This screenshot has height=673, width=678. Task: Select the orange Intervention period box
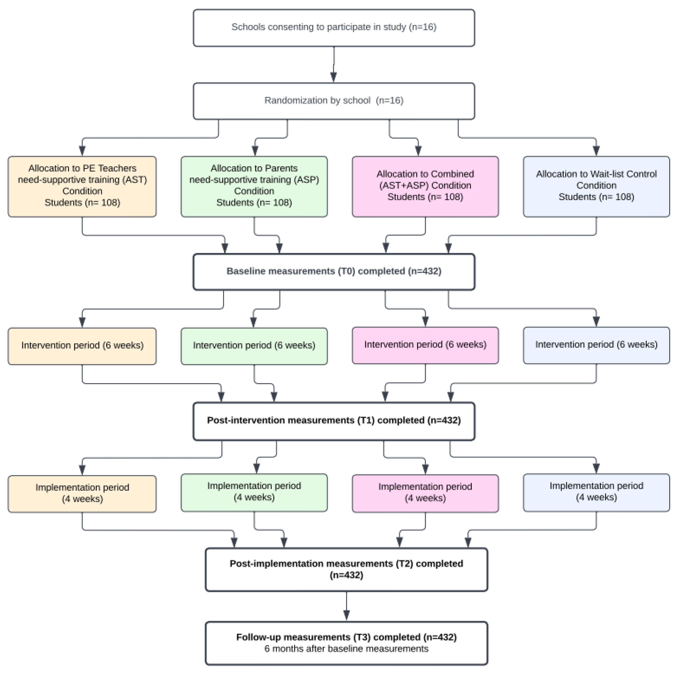click(82, 346)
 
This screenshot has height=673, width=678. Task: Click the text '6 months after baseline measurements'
click(346, 649)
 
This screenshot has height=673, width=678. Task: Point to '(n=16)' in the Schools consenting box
click(423, 27)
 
